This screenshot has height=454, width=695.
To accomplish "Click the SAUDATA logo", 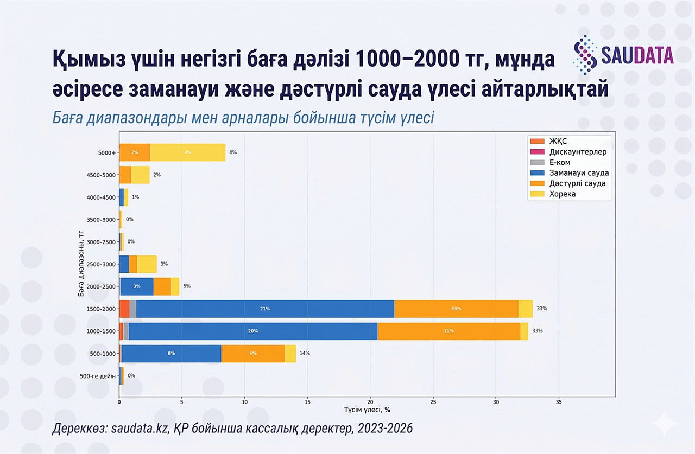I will pyautogui.click(x=623, y=55).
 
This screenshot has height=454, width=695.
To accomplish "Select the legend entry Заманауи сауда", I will pyautogui.click(x=579, y=173).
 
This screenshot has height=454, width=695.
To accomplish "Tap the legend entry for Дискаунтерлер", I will pyautogui.click(x=578, y=152).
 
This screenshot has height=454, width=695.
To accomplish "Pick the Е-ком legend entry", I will pyautogui.click(x=560, y=162).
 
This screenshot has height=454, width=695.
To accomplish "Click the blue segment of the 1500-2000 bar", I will pyautogui.click(x=265, y=309).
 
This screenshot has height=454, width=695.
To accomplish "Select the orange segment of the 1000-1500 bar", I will pyautogui.click(x=448, y=331).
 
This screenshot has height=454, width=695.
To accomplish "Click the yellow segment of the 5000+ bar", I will pyautogui.click(x=188, y=152).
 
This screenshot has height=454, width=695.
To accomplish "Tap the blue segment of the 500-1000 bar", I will pyautogui.click(x=171, y=354).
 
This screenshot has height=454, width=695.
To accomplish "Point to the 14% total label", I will pyautogui.click(x=305, y=354).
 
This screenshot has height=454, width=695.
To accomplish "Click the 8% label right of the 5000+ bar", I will pyautogui.click(x=233, y=152).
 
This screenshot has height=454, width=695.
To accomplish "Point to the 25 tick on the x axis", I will pyautogui.click(x=433, y=402).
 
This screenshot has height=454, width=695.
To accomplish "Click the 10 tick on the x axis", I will pyautogui.click(x=244, y=402).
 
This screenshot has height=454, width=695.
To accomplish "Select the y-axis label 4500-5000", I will pyautogui.click(x=102, y=175).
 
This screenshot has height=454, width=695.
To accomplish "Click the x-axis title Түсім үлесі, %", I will pyautogui.click(x=367, y=410).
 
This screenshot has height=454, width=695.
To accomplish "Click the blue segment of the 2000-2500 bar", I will pyautogui.click(x=137, y=286).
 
